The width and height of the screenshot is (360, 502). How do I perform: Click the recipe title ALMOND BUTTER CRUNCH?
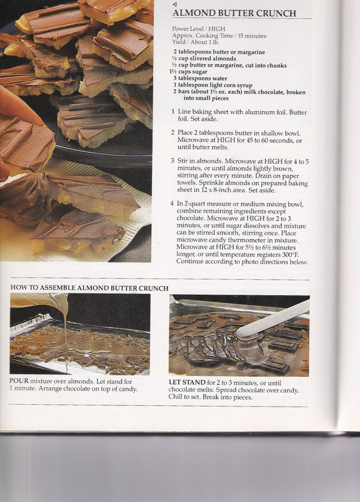pyautogui.click(x=234, y=13)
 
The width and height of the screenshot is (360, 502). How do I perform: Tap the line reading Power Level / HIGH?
pyautogui.click(x=198, y=29)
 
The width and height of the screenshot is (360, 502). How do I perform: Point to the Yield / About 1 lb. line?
pyautogui.click(x=196, y=42)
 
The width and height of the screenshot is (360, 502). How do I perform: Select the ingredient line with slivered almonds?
pyautogui.click(x=204, y=58)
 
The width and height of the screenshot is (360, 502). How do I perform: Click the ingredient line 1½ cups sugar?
pyautogui.click(x=188, y=72)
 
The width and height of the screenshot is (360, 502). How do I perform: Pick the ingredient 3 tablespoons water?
pyautogui.click(x=200, y=78)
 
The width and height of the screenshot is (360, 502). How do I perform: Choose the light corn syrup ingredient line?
pyautogui.click(x=213, y=85)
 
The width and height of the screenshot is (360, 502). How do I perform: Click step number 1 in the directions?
pyautogui.click(x=173, y=112)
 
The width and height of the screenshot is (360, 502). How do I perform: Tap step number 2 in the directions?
pyautogui.click(x=173, y=132)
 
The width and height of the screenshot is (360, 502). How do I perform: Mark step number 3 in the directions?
pyautogui.click(x=172, y=161)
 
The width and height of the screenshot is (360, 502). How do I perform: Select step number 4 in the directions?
pyautogui.click(x=172, y=203)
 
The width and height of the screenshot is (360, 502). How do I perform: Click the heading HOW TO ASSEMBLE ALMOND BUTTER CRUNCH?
pyautogui.click(x=89, y=288)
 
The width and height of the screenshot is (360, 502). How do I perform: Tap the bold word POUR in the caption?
pyautogui.click(x=19, y=382)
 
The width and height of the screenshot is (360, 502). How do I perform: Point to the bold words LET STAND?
pyautogui.click(x=187, y=383)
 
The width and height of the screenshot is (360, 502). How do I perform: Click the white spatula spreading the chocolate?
pyautogui.click(x=273, y=319)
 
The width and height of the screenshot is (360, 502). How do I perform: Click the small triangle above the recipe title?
pyautogui.click(x=174, y=4)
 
